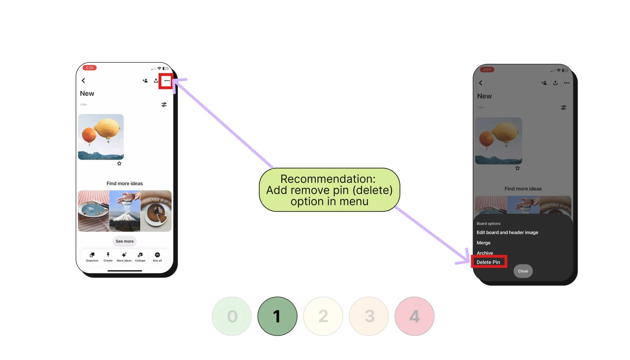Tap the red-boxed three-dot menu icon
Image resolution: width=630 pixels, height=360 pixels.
[x=167, y=81]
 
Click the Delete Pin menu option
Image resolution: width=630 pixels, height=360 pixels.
[x=488, y=262]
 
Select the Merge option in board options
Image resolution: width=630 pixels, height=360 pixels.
[x=483, y=243]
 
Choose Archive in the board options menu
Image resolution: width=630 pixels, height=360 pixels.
[x=484, y=253]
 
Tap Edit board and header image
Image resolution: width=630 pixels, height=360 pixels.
[x=507, y=232]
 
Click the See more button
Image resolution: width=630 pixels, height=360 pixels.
[x=125, y=241]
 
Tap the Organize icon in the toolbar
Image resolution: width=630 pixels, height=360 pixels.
[x=92, y=256]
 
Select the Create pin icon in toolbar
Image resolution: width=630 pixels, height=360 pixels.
[x=108, y=256]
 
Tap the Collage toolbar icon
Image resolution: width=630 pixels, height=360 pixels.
[x=140, y=256]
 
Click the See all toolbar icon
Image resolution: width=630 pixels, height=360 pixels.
[x=157, y=256]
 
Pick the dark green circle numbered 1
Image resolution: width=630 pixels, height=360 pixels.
[x=277, y=316]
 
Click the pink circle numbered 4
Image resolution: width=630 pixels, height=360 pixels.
[x=414, y=316]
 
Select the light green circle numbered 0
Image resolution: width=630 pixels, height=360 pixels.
[x=232, y=316]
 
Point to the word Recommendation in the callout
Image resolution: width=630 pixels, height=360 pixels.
[x=328, y=179]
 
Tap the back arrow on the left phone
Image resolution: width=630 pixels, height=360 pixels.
[x=83, y=81]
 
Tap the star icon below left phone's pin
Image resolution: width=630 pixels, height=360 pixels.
[x=119, y=163]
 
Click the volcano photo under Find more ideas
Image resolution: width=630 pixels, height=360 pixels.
[x=125, y=211]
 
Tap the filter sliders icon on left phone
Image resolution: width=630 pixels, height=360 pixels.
[x=164, y=105]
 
